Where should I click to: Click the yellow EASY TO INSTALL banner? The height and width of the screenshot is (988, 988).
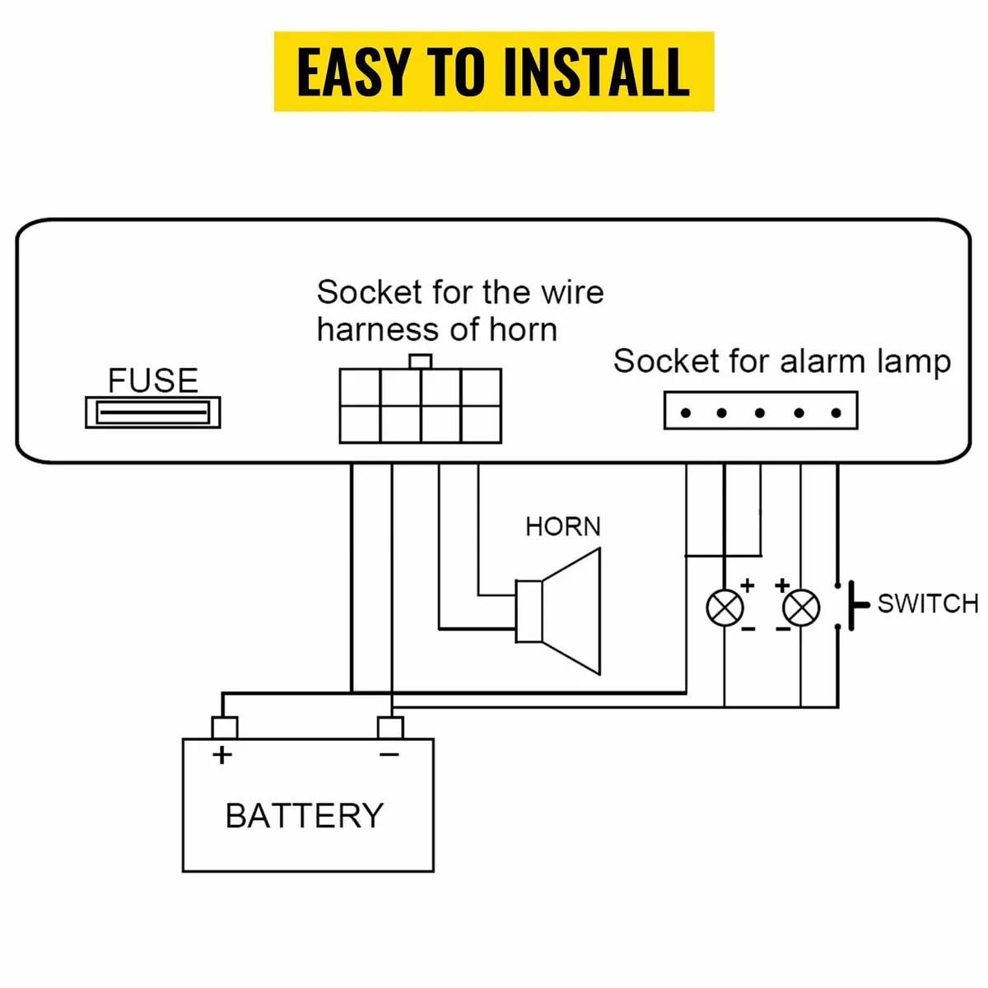(x=493, y=72)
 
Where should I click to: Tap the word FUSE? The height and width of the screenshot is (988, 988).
(x=153, y=380)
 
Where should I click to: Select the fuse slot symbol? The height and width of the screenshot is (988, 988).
(x=153, y=412)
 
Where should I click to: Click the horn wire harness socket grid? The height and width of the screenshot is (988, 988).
(x=421, y=406)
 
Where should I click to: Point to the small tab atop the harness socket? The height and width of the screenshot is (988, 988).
(x=421, y=361)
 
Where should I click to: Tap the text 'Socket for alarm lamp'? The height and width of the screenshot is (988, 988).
(x=781, y=361)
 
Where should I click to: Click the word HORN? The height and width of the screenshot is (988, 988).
(x=563, y=526)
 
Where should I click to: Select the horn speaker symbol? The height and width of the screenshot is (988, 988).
(x=560, y=611)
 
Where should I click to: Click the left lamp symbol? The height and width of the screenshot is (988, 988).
(x=725, y=608)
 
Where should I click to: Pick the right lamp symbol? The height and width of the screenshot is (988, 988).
(x=800, y=608)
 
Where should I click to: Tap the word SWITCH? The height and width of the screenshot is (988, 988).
(x=928, y=604)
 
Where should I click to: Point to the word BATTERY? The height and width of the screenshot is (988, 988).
(x=305, y=816)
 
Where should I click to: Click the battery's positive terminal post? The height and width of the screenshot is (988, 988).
(x=225, y=728)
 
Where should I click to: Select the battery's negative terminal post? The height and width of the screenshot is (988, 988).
(x=390, y=728)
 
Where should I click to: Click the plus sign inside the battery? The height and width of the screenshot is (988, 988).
(x=222, y=754)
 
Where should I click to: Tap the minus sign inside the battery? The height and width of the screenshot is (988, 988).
(x=389, y=754)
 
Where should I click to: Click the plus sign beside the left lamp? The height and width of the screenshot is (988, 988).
(x=748, y=585)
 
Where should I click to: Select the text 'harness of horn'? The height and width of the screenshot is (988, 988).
(x=437, y=329)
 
